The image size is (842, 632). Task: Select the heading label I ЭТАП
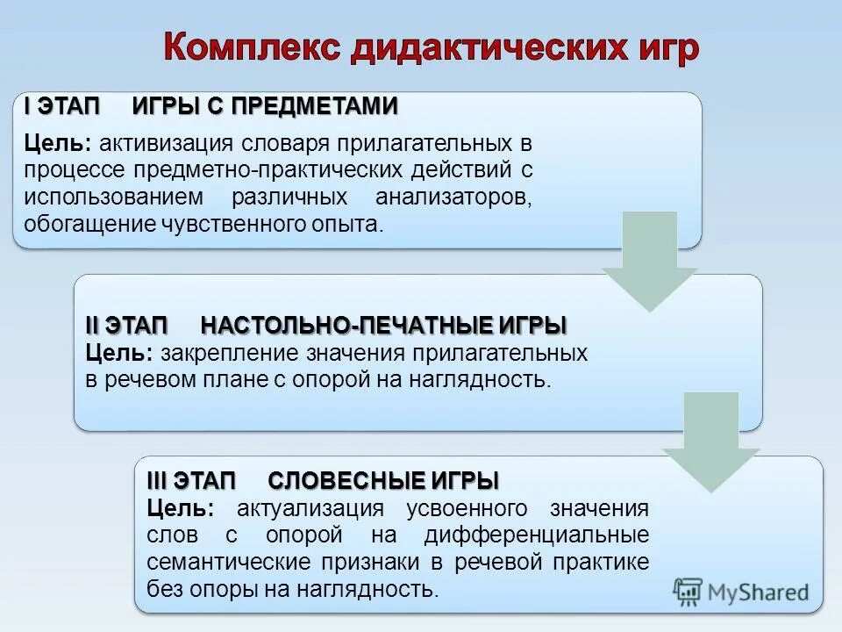(63, 106)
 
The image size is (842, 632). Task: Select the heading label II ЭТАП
(126, 326)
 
